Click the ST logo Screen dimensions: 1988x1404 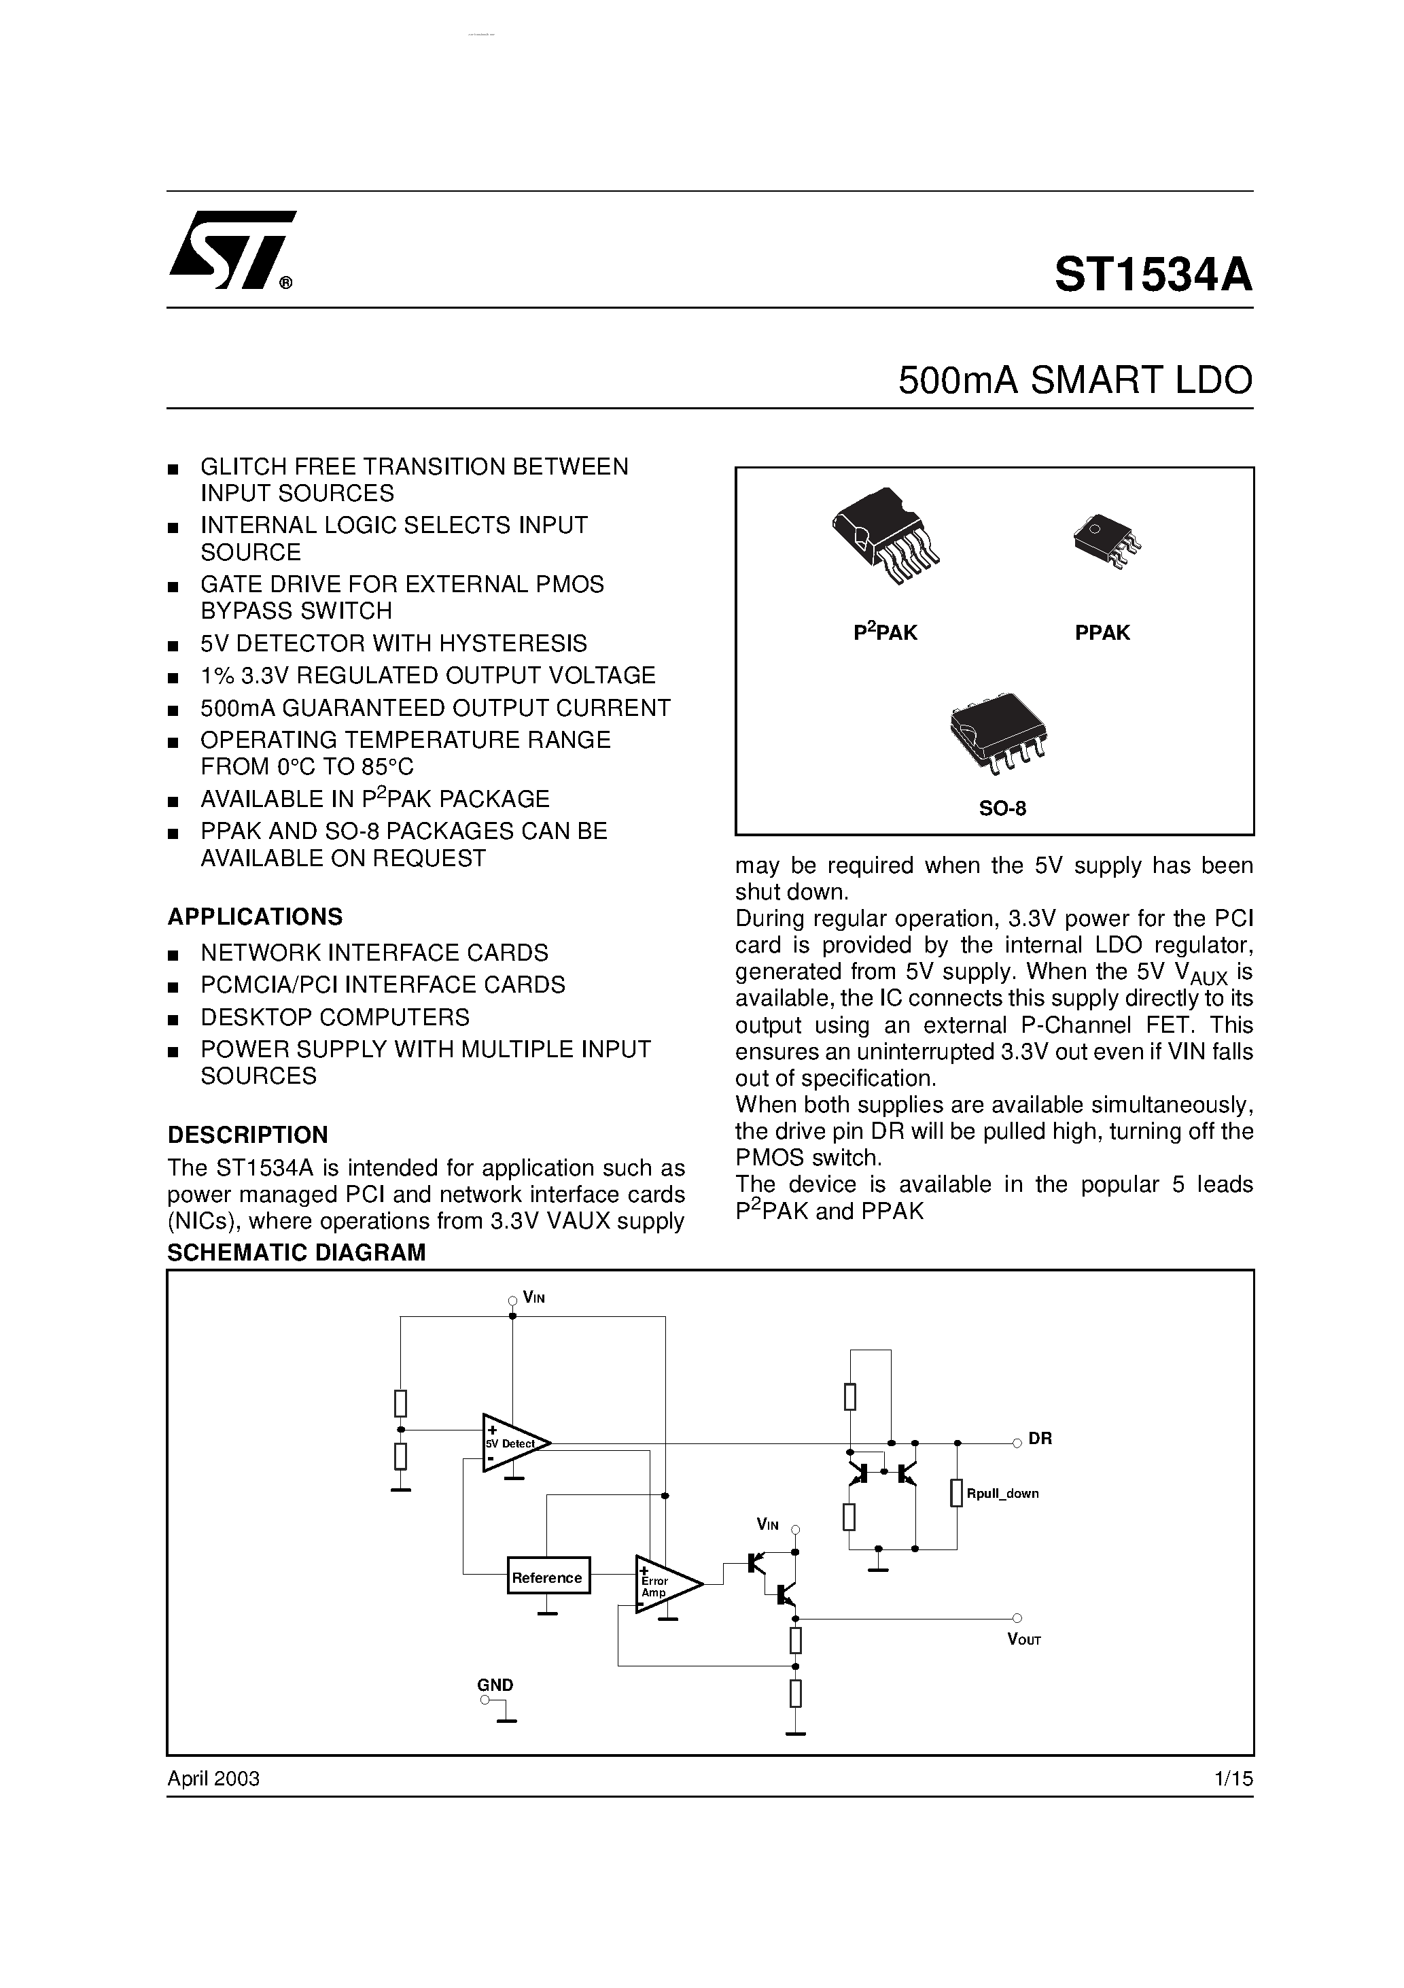point(232,250)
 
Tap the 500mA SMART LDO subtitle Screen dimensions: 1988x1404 point(1075,380)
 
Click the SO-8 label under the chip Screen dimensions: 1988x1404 point(1002,808)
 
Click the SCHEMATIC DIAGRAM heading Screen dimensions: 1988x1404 point(296,1252)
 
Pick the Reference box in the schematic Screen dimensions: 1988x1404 point(548,1577)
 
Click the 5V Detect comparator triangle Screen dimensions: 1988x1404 point(512,1443)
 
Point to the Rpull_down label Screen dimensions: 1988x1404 point(1002,1494)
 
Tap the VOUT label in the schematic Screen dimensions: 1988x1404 point(1024,1639)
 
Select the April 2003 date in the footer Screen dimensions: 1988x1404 point(214,1779)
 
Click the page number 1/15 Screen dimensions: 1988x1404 point(1233,1779)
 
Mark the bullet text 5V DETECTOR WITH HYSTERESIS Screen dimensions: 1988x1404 point(394,643)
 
